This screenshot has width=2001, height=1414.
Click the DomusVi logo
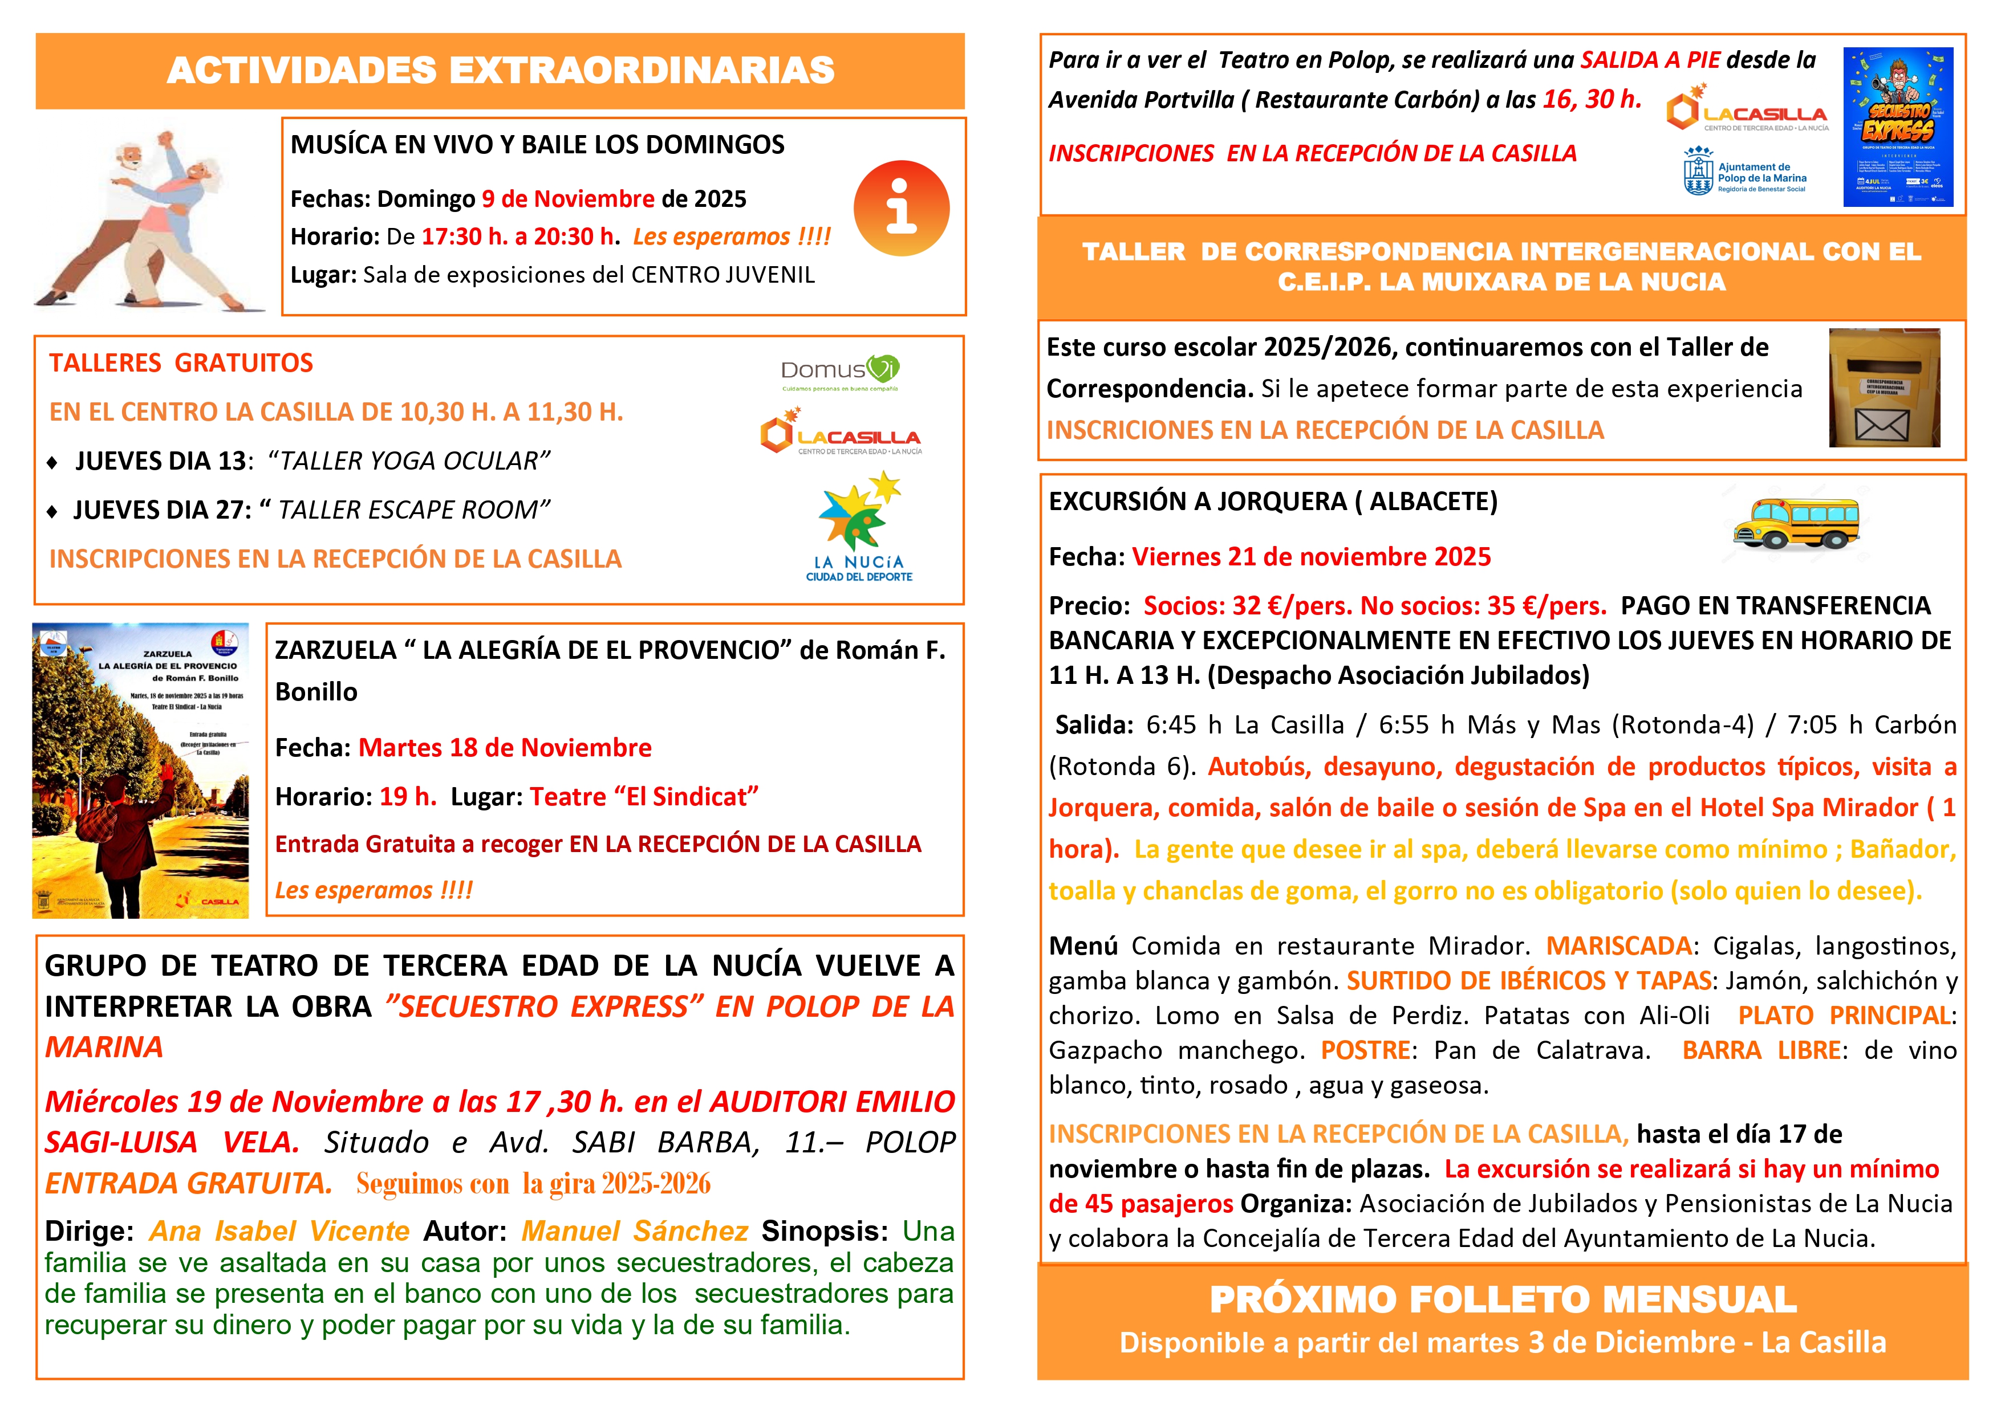click(x=839, y=372)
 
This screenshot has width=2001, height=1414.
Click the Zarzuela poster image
click(x=140, y=770)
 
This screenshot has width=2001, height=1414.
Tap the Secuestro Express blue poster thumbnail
click(x=1898, y=127)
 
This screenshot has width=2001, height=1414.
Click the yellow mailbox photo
click(x=1884, y=388)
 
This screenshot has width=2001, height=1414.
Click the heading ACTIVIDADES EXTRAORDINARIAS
click(x=500, y=71)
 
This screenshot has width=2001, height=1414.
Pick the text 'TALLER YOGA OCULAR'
click(x=409, y=461)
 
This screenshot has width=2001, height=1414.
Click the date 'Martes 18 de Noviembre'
click(x=505, y=748)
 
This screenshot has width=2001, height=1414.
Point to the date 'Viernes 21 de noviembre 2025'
click(x=1311, y=557)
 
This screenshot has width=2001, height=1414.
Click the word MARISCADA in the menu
click(x=1618, y=946)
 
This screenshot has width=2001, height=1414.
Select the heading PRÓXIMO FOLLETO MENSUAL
click(x=1503, y=1300)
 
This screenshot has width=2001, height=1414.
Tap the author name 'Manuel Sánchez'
click(x=635, y=1231)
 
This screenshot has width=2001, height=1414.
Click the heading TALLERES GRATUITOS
click(x=181, y=363)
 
